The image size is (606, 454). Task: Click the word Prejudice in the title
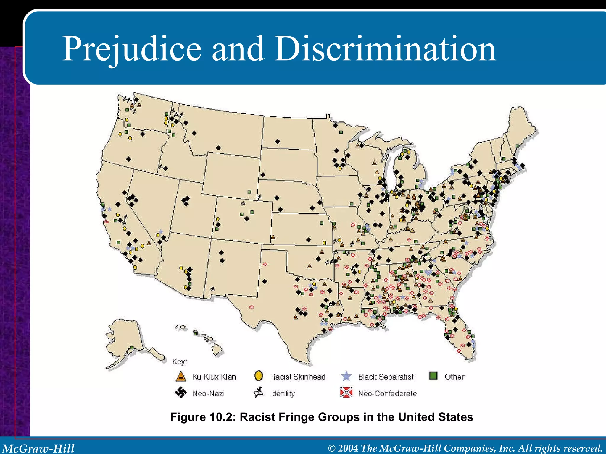(132, 49)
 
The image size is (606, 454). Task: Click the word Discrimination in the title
(385, 49)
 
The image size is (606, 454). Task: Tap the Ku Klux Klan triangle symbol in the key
(180, 377)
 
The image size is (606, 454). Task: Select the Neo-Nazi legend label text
(208, 393)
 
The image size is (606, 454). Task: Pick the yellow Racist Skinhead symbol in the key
(259, 376)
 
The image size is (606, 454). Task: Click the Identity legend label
(282, 393)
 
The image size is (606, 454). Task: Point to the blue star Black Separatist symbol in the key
(346, 376)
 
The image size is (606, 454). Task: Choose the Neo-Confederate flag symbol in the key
(346, 393)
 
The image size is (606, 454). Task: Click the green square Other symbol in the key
(433, 376)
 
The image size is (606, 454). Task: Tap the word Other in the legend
(454, 377)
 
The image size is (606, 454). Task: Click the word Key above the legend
(179, 361)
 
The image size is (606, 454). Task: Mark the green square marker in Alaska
(132, 348)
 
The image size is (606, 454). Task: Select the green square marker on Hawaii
(195, 333)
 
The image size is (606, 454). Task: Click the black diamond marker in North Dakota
(277, 142)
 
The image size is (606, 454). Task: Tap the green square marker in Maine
(517, 146)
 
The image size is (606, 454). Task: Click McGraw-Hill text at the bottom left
(38, 448)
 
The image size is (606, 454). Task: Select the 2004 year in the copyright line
(348, 448)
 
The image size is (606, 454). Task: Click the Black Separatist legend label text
(386, 377)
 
